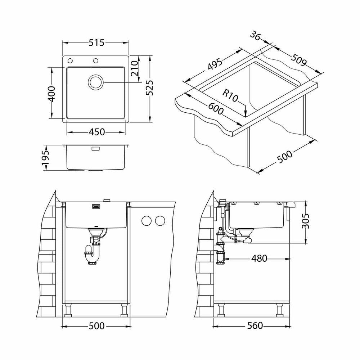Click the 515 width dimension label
click(x=96, y=43)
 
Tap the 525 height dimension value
click(x=150, y=87)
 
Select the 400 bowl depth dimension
click(x=51, y=94)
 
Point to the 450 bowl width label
click(x=96, y=132)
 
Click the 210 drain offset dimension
click(x=134, y=68)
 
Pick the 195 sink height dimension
click(x=45, y=158)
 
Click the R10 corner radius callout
click(x=230, y=96)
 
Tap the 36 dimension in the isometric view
click(x=255, y=36)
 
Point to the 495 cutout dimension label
click(x=215, y=64)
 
